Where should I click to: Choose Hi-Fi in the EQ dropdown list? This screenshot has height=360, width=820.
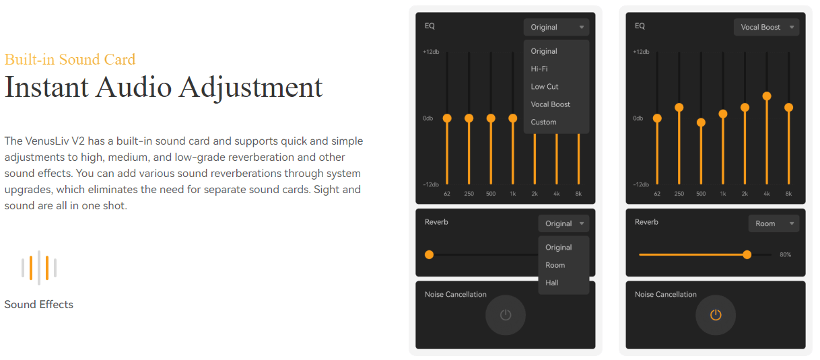coord(539,69)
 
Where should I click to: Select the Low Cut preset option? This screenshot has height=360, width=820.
coord(545,87)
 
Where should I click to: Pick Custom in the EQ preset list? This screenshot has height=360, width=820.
coord(543,122)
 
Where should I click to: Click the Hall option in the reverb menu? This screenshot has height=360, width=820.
coord(552,283)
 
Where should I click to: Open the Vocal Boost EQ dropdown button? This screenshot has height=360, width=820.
coord(767,27)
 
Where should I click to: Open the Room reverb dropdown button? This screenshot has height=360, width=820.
coord(774,223)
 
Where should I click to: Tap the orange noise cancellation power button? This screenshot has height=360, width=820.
coord(716,315)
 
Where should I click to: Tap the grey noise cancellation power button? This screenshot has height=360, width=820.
coord(506,315)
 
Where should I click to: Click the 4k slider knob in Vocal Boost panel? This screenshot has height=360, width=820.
coord(767,96)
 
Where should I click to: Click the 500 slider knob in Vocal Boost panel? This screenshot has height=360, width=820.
coord(701,122)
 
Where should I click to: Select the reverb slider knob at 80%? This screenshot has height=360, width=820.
coord(747,254)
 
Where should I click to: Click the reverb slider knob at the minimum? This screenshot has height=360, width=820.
coord(429,254)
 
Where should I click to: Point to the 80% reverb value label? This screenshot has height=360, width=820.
coord(785,254)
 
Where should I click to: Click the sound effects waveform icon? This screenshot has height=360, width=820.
coord(39,268)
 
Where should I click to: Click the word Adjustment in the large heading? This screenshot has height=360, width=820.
coord(250,88)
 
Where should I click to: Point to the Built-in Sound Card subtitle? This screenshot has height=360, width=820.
coord(70,59)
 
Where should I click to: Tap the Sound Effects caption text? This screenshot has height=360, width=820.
coord(39,304)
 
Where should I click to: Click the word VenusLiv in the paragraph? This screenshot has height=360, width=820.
coord(48,141)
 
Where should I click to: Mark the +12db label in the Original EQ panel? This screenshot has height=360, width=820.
coord(431,52)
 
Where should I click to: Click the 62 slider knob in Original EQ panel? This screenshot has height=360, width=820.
coord(447,118)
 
